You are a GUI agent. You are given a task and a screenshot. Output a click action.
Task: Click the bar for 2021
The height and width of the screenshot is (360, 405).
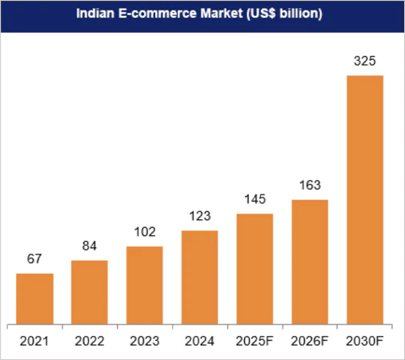pos(35,298)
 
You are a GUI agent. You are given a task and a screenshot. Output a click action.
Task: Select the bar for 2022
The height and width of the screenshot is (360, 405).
pos(90,292)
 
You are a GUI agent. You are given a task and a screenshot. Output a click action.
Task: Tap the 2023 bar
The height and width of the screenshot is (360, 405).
pos(145,285)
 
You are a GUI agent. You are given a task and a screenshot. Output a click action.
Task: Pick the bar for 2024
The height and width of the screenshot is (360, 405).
pos(199,277)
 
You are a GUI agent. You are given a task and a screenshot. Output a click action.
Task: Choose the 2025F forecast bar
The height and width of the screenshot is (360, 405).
pos(255,269)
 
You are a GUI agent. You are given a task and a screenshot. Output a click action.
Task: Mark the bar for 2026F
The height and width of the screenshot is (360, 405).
pos(310,262)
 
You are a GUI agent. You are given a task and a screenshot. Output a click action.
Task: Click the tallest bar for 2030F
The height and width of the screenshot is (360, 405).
pos(364,200)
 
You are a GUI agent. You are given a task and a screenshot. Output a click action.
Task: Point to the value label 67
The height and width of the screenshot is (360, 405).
pos(35,259)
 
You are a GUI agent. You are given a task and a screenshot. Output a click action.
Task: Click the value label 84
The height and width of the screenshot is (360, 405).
pos(90,246)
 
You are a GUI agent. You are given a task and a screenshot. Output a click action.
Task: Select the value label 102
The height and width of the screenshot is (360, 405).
pos(145,232)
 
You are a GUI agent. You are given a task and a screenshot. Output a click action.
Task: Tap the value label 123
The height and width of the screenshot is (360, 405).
pos(199,216)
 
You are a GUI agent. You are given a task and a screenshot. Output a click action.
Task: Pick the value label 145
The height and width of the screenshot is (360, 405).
pos(255,199)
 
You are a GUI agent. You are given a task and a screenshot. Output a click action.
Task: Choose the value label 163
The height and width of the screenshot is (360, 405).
pos(310,185)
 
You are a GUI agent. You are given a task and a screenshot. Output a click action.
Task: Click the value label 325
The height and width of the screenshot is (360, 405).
pos(364,61)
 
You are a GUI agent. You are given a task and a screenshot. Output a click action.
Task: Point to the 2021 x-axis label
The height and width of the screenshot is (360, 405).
pos(35,342)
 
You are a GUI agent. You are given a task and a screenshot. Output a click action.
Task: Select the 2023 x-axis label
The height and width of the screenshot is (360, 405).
pos(145,342)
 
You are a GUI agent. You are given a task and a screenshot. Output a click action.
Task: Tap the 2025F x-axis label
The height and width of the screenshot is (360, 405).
pos(255,342)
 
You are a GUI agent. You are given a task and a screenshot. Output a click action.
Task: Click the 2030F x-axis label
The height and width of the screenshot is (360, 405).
pos(364,342)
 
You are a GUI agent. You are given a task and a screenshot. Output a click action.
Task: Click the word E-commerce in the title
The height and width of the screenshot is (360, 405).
pos(153,14)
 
